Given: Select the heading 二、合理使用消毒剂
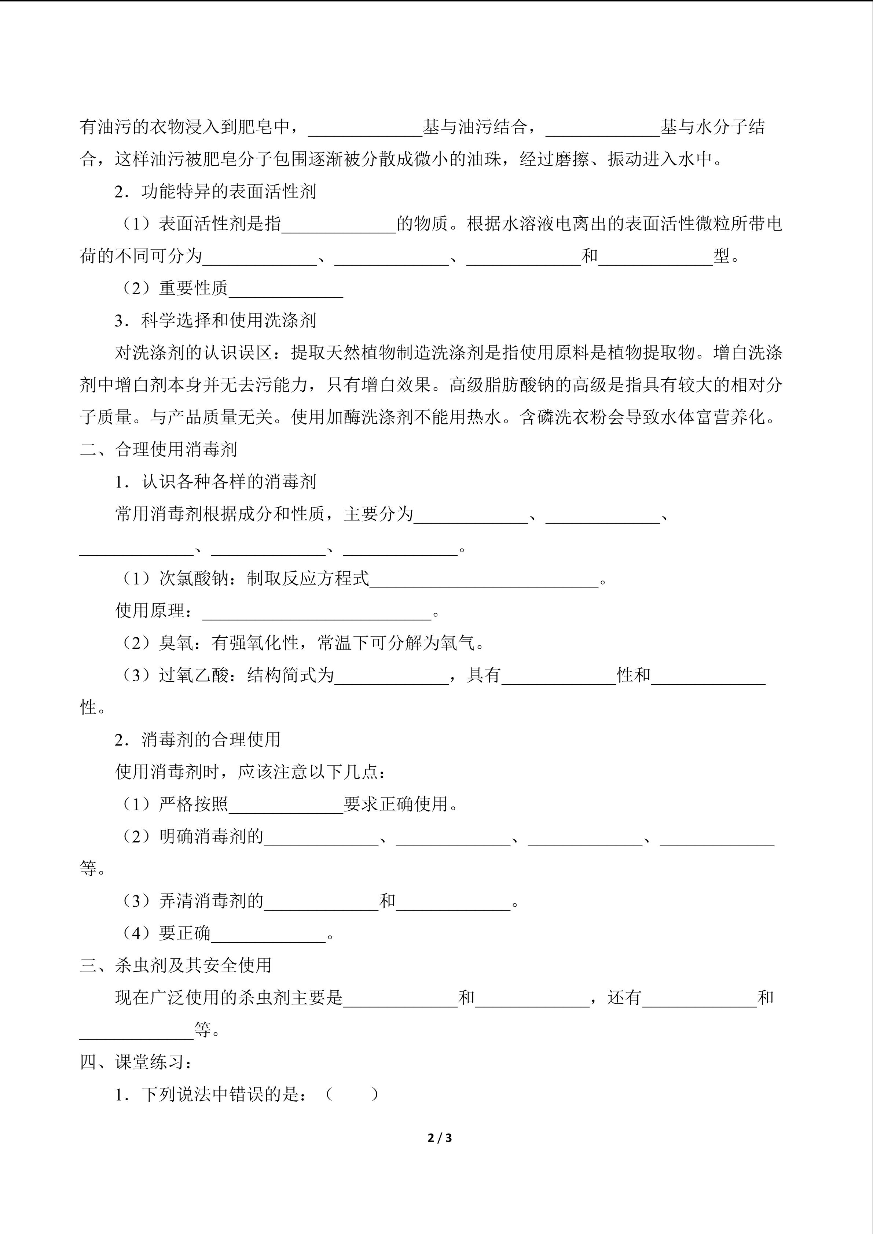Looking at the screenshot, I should click(x=159, y=449).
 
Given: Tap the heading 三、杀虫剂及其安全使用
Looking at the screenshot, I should click(x=176, y=965).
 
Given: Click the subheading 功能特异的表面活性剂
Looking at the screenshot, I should click(x=228, y=191).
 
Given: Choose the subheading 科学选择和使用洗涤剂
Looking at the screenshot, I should click(x=228, y=320).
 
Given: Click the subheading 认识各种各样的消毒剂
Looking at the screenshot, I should click(x=228, y=482).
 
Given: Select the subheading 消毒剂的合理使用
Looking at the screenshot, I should click(x=211, y=740).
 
